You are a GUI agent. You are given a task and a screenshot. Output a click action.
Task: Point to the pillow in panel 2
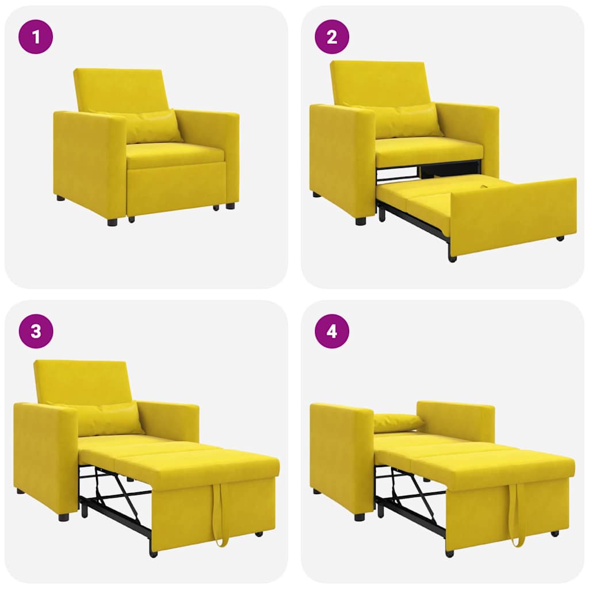[406, 121]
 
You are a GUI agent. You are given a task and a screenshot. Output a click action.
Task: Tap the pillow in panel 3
[109, 419]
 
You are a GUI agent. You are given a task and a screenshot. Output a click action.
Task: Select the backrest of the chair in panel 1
[121, 89]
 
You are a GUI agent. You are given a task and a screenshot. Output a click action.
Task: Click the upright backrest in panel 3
[81, 381]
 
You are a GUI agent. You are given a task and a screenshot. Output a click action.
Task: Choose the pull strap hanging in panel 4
[516, 515]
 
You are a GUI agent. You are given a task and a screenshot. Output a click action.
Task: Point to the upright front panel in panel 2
[512, 216]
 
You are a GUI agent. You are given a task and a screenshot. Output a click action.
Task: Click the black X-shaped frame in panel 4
[411, 492]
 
